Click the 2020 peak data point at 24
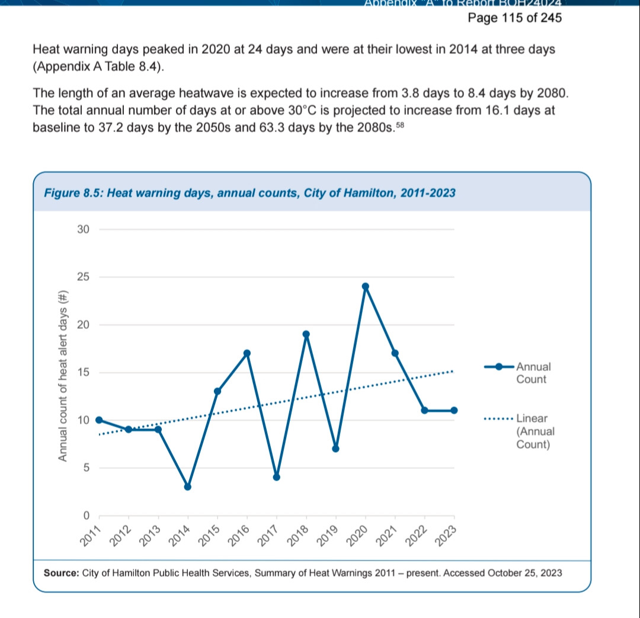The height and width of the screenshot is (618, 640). (365, 286)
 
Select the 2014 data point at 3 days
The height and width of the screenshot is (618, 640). (188, 486)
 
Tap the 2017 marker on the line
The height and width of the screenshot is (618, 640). (276, 477)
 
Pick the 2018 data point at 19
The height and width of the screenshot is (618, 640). (306, 334)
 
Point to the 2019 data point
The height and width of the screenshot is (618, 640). (335, 449)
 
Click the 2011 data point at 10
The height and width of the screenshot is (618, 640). (99, 420)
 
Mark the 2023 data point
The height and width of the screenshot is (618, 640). (454, 410)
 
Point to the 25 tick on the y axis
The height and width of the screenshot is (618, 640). (82, 277)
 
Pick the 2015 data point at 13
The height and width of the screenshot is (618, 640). (217, 391)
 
